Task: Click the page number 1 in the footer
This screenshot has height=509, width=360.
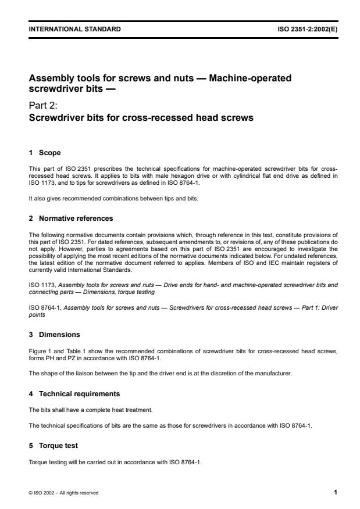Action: click(335, 492)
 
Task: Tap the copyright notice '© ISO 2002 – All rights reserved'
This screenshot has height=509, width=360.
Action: click(60, 493)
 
